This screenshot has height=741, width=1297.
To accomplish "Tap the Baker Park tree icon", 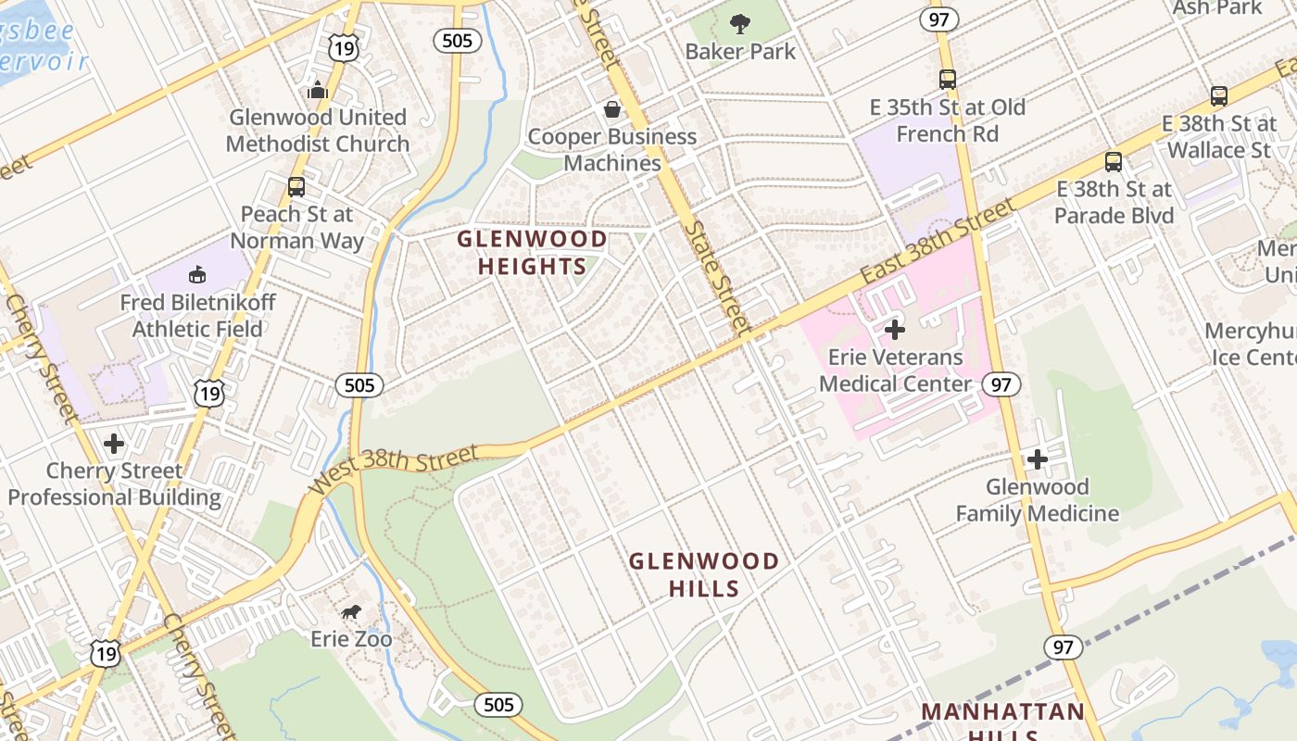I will tap(739, 23).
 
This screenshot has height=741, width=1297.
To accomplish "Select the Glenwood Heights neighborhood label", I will tap(532, 253).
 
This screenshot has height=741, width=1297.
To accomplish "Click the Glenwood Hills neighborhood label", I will tap(704, 574).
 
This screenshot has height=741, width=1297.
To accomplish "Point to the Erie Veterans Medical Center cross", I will tap(894, 329).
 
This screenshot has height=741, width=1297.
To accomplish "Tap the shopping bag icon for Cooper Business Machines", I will tap(611, 109).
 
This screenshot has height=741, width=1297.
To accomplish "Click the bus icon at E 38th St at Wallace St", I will tap(1219, 95).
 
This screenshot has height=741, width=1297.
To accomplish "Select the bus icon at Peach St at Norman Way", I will tap(296, 186).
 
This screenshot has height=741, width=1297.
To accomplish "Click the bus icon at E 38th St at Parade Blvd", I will tap(1113, 161).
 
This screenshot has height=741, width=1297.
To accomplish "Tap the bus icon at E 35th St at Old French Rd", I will tap(947, 79).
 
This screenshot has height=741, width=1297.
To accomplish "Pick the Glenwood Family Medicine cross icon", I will tap(1037, 458).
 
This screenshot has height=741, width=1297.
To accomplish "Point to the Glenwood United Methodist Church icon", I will tap(318, 90).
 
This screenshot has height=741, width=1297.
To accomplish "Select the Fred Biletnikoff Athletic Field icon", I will tap(196, 274).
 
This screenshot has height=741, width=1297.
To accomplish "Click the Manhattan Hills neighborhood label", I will tap(1002, 718).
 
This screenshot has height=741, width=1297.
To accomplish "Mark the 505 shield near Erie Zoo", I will tap(497, 705).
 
